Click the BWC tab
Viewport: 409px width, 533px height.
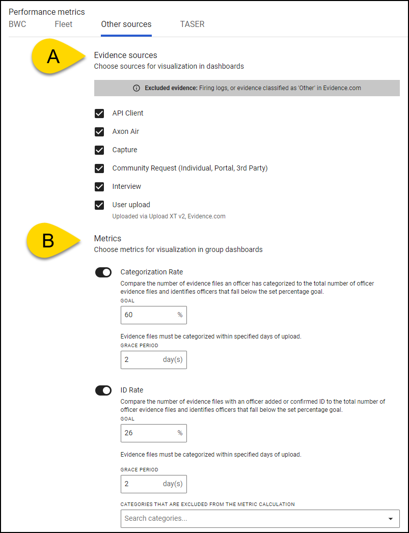(x=17, y=24)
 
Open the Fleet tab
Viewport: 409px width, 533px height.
(x=64, y=24)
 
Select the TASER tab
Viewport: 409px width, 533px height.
(x=192, y=24)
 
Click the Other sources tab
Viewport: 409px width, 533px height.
(x=126, y=24)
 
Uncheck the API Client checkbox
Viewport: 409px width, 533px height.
(x=99, y=114)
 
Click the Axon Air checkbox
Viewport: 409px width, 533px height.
(x=99, y=132)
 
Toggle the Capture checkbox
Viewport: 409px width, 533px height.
(x=99, y=150)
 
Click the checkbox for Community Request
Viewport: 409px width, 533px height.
(x=99, y=169)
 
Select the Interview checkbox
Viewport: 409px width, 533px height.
(x=99, y=187)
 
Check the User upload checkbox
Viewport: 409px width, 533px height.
(x=99, y=205)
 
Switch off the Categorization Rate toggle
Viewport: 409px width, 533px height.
(x=103, y=272)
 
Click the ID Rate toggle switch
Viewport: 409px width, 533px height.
(x=103, y=390)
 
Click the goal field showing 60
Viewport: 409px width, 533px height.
(x=148, y=315)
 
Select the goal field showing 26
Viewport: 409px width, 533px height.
(x=148, y=433)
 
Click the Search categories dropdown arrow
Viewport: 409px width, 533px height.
(x=391, y=519)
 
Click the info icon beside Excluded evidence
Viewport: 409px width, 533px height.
(x=137, y=88)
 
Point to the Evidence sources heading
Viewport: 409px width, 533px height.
(x=125, y=55)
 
